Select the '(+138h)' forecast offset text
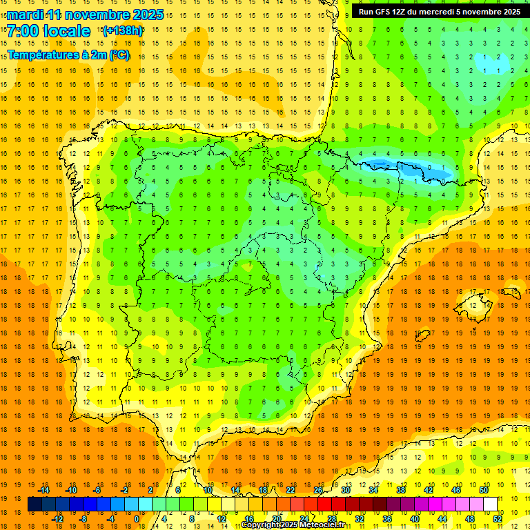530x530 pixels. pos(123,30)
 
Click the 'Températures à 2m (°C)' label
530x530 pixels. pos(68,55)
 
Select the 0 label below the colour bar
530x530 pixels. pos(137,519)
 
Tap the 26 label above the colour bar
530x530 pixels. pos(318,490)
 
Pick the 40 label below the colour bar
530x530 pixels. pos(415,519)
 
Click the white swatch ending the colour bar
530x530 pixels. pos(490,504)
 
